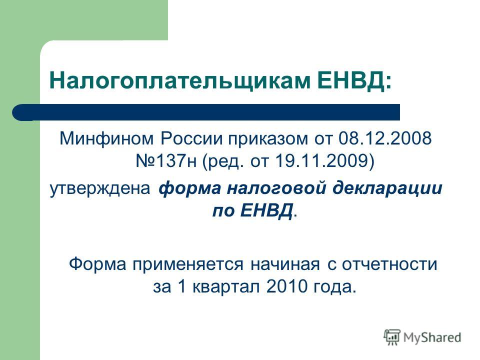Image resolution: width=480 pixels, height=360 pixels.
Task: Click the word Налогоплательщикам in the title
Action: pos(179,81)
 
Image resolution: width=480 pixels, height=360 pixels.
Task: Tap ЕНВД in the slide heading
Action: pos(351,80)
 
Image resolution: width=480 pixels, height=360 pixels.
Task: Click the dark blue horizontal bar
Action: pos(206,112)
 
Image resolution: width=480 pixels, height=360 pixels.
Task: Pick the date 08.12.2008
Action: pos(385,138)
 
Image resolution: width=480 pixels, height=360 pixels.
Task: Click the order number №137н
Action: pos(166,161)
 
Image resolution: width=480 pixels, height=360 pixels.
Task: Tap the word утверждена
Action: pos(100,188)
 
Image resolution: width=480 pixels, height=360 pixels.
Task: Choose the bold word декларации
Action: pos(387,188)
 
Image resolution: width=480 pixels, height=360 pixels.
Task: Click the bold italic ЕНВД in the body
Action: pos(266,211)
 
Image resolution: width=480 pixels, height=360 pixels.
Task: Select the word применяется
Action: pos(188,265)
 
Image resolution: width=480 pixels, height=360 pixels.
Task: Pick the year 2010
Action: pos(287,286)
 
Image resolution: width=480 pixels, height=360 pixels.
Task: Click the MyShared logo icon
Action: pos(392,337)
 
